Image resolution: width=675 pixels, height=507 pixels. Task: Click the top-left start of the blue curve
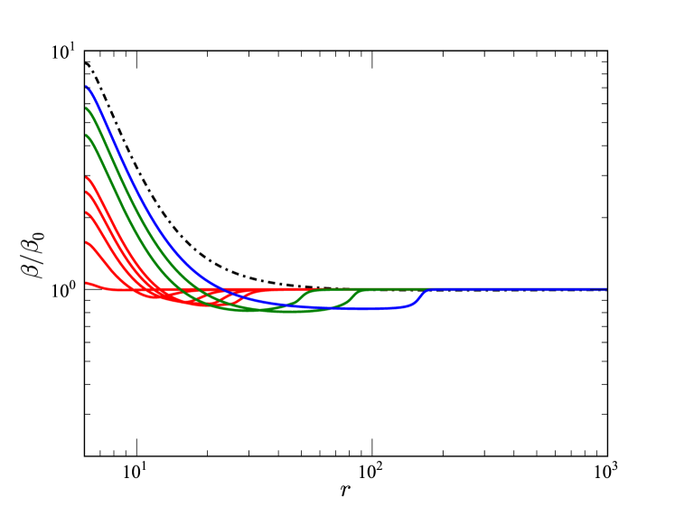(x=87, y=86)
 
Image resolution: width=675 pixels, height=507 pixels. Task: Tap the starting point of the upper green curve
(x=87, y=108)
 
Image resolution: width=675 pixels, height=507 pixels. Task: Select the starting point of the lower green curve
(x=87, y=136)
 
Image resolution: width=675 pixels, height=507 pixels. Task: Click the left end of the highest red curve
(x=87, y=177)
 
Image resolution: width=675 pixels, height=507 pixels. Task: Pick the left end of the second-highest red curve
(x=87, y=192)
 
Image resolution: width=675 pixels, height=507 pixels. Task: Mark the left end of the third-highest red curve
(x=87, y=212)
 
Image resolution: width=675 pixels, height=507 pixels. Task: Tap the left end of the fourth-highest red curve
(x=87, y=242)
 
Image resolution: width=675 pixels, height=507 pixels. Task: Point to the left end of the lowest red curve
(x=87, y=283)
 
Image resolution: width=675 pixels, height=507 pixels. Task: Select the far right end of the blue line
(x=605, y=289)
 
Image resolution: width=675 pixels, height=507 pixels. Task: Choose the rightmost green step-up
(x=354, y=297)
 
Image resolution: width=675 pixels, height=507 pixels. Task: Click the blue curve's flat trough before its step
(x=361, y=309)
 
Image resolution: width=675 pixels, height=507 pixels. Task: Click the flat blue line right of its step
(x=515, y=289)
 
